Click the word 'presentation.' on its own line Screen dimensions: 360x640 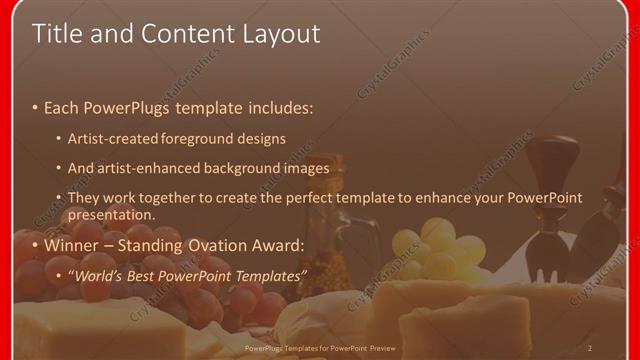click(112, 215)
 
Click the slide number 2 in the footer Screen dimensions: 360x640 click(590, 348)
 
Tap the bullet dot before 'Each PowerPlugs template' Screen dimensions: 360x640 click(35, 107)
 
